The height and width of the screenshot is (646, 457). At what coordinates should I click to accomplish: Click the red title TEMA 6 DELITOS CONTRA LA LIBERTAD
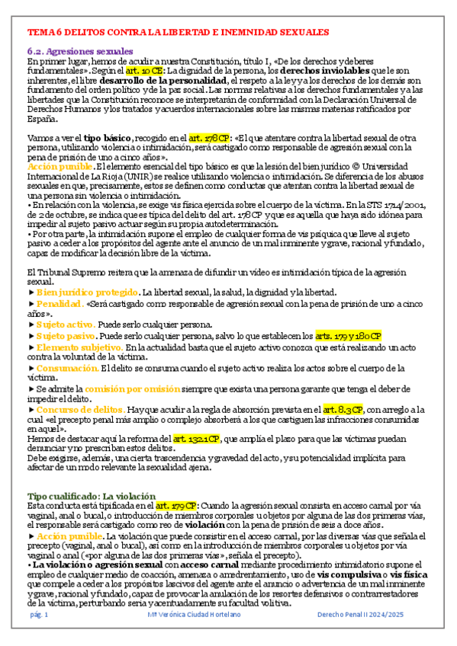click(178, 34)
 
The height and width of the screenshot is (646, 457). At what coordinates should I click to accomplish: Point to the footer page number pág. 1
click(39, 613)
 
